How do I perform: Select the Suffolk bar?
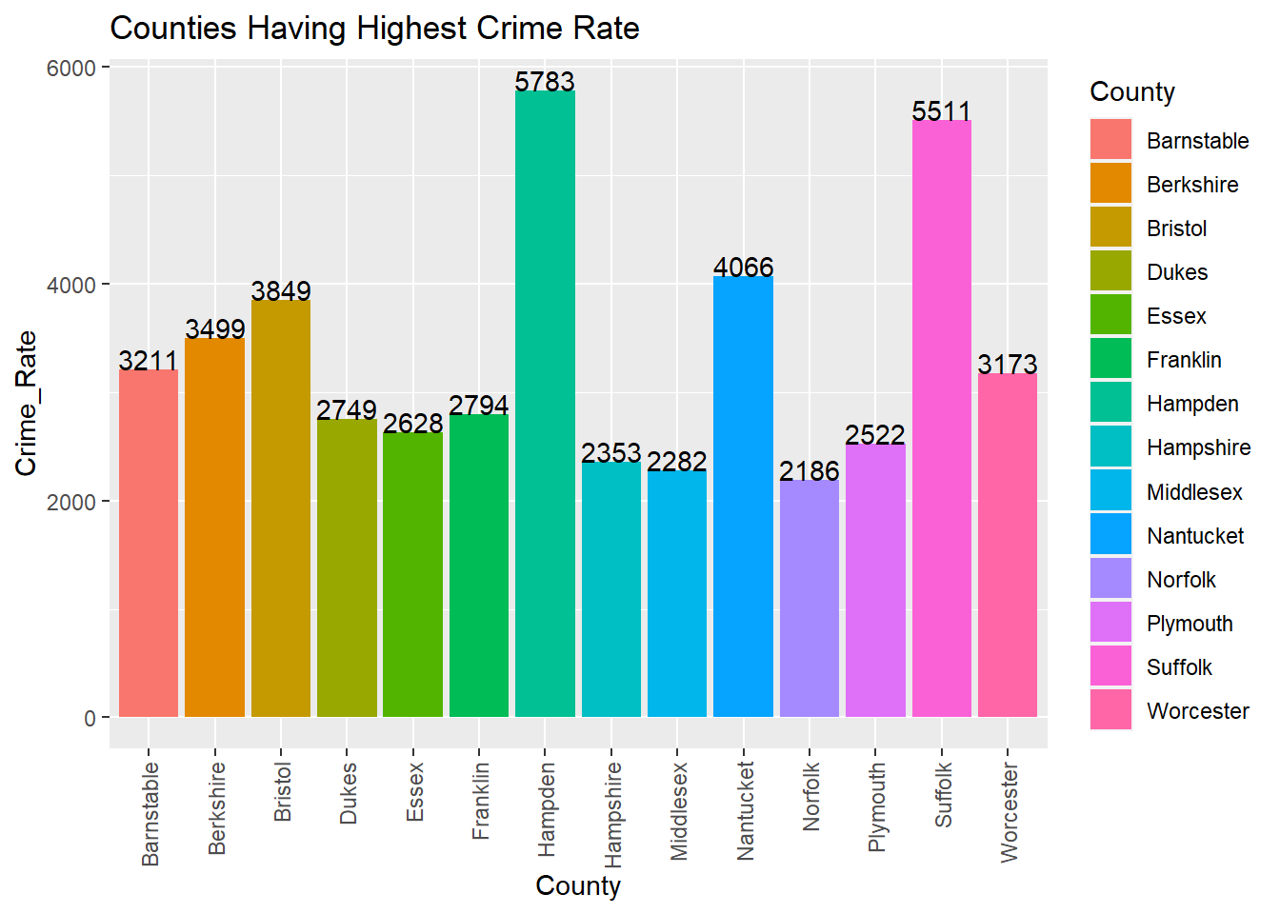click(x=941, y=419)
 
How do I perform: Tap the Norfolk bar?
click(x=809, y=599)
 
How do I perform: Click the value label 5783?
click(x=545, y=82)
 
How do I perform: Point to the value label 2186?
click(x=809, y=471)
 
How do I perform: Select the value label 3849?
click(x=281, y=290)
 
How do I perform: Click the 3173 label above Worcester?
click(x=1007, y=365)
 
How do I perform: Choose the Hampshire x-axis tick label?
click(x=612, y=814)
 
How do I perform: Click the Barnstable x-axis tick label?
click(x=150, y=814)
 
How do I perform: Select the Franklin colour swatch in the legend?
click(x=1110, y=359)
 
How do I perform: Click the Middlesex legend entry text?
click(x=1194, y=492)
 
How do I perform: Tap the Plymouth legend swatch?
click(x=1110, y=623)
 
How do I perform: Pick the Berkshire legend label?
click(x=1192, y=185)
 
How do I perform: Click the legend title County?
click(x=1132, y=92)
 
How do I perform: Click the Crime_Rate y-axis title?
click(x=26, y=404)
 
